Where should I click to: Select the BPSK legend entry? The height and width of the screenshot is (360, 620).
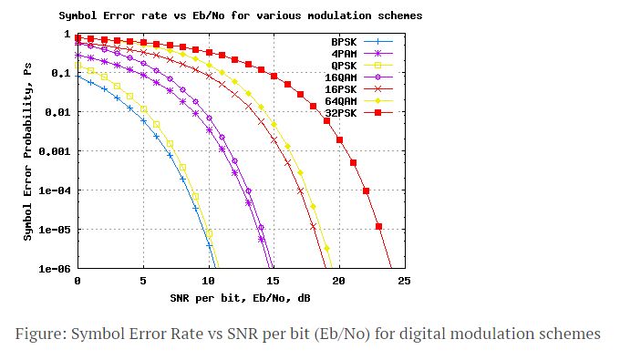343,42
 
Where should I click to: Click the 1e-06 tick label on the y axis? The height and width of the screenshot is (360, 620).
56,269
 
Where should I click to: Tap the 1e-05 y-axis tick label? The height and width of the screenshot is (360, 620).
56,230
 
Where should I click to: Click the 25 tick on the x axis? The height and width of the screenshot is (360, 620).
404,282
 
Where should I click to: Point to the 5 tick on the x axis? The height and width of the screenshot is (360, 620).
143,282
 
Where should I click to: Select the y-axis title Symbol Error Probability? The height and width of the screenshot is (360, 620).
28,151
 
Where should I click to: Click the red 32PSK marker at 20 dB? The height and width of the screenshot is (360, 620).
339,139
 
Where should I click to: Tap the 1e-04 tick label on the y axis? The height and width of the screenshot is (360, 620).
56,190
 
